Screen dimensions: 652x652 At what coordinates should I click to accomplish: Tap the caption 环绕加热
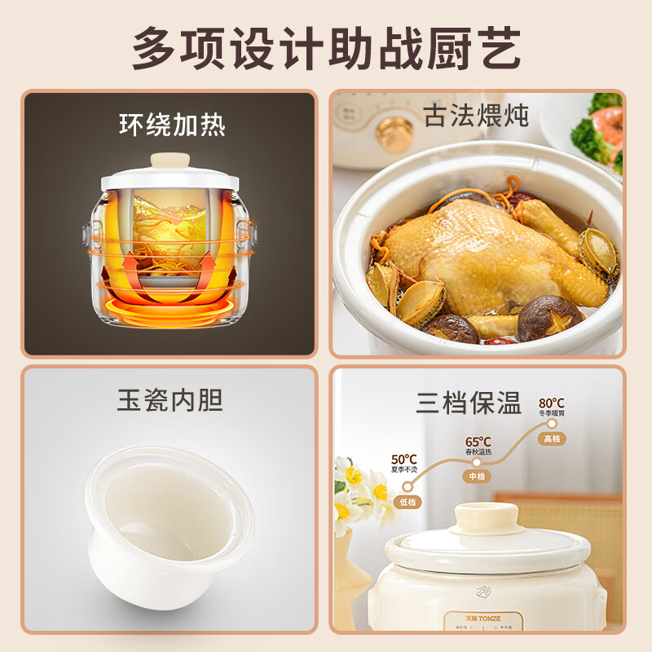[172, 125]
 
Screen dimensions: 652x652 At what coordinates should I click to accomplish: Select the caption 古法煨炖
[476, 115]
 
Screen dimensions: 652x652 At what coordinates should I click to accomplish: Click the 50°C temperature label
[404, 460]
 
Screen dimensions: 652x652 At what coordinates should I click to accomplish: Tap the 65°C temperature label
[478, 442]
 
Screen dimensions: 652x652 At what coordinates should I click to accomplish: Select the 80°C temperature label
[551, 403]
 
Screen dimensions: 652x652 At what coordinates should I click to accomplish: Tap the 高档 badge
[552, 438]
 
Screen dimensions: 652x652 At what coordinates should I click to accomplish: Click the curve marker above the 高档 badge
[552, 424]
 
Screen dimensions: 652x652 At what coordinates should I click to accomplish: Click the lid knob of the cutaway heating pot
[172, 159]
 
